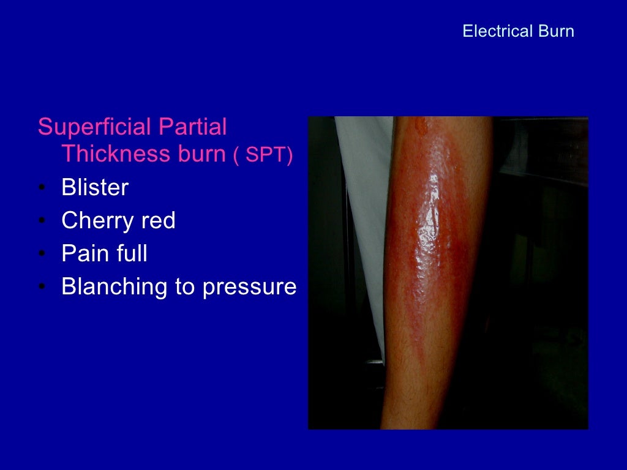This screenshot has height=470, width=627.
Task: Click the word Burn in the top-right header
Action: click(x=556, y=31)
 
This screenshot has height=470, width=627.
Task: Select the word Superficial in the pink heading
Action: click(x=95, y=127)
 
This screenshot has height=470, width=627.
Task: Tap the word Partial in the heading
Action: click(x=193, y=127)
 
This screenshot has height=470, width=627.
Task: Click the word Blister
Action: click(x=95, y=187)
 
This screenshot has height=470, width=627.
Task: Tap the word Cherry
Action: click(x=97, y=220)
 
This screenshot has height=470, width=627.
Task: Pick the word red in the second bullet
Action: click(x=158, y=220)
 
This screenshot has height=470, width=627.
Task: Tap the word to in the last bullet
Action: click(x=185, y=287)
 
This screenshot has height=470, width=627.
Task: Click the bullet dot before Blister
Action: click(x=41, y=188)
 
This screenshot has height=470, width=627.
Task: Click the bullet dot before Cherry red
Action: click(x=41, y=221)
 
